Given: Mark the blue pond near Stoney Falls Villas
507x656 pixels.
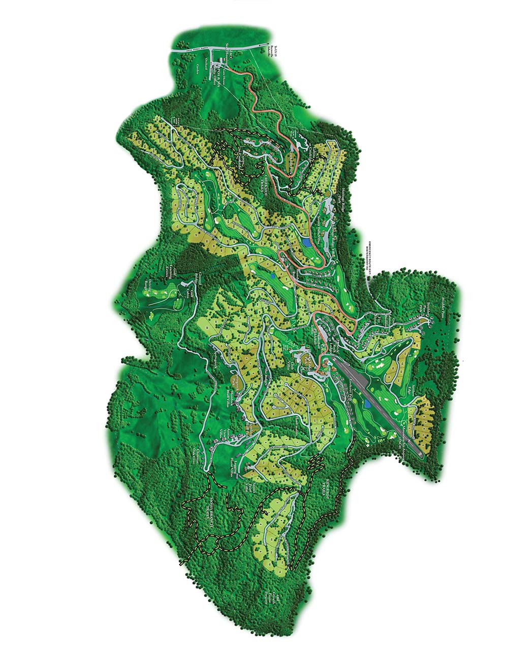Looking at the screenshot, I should coord(307,242).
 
